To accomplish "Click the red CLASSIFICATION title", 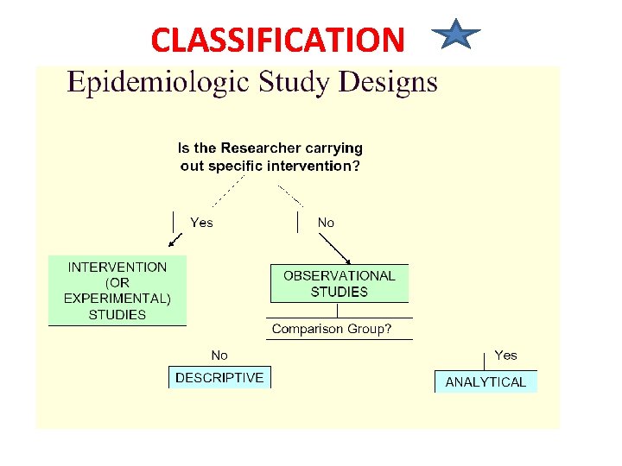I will click(277, 40).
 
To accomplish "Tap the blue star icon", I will click(455, 36).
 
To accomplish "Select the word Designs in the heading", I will click(388, 83).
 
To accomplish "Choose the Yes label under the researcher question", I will click(201, 223).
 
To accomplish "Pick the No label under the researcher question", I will click(326, 223).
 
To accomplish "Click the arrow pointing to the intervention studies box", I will click(175, 239).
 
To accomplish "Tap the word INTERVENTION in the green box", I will click(117, 268).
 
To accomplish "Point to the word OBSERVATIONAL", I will click(340, 276).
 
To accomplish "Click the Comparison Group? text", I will click(332, 329).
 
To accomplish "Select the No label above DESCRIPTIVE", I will click(219, 355).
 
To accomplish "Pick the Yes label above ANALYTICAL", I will click(505, 355).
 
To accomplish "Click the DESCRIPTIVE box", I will click(219, 377).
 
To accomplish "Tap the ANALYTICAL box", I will click(486, 381).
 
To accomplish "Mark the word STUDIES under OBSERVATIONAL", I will click(340, 292).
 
